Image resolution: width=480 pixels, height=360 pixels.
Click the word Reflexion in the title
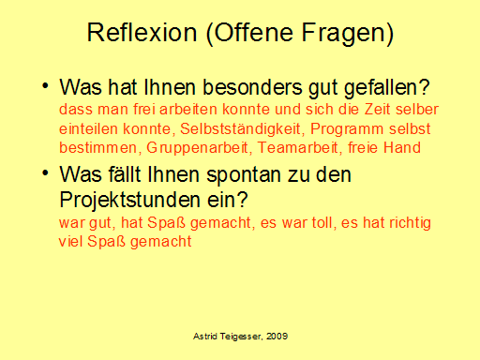[x=140, y=35]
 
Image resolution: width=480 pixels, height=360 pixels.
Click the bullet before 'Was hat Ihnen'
[x=44, y=87]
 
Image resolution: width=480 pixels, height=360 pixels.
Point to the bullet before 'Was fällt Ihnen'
[x=44, y=173]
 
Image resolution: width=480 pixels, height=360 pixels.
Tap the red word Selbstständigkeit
[x=247, y=128]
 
